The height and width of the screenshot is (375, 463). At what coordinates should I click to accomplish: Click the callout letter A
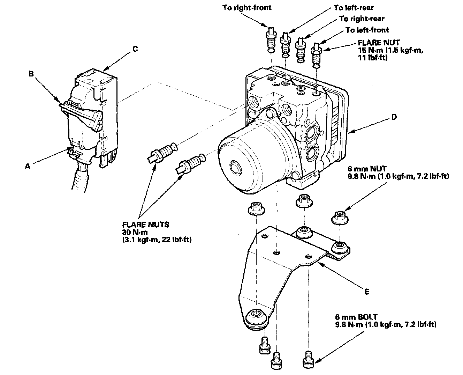pos(28,167)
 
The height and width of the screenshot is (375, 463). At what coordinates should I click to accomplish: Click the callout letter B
pos(31,74)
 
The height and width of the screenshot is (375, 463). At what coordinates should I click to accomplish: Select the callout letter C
pos(135,49)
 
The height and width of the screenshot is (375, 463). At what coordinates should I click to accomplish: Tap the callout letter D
pos(394,117)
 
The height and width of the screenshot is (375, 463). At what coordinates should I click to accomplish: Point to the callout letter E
pos(366,291)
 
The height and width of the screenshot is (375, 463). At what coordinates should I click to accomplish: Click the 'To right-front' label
pos(247,8)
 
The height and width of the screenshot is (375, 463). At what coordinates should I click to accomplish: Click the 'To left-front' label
pos(367,30)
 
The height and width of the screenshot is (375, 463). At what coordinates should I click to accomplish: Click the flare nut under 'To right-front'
pos(271,40)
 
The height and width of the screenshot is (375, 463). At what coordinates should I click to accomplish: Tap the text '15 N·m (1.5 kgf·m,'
pos(390,50)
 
